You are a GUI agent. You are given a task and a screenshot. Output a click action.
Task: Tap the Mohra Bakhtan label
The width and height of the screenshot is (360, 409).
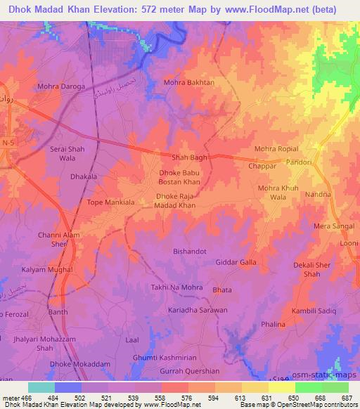pyautogui.click(x=188, y=82)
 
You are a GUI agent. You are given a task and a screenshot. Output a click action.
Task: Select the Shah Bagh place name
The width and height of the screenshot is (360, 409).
pyautogui.click(x=190, y=157)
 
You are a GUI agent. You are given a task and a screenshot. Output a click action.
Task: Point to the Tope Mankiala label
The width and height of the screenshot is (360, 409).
pyautogui.click(x=111, y=202)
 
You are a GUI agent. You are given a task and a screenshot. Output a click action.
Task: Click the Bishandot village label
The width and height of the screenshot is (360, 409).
pyautogui.click(x=191, y=249)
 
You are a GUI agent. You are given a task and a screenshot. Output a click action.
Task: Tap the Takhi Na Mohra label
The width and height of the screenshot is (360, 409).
pyautogui.click(x=176, y=287)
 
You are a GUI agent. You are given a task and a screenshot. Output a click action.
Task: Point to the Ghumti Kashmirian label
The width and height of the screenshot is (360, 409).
pyautogui.click(x=166, y=358)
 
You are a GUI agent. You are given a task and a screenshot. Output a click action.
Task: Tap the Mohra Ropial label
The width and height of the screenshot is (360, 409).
pyautogui.click(x=276, y=149)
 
